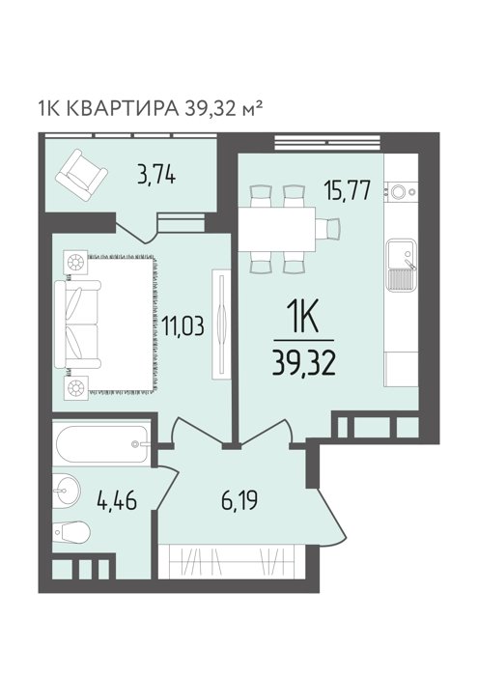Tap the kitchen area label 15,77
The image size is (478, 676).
coord(348,190)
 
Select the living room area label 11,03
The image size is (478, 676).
coord(183,325)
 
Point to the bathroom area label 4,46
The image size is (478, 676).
coord(117,500)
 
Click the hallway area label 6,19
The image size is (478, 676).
coord(239,500)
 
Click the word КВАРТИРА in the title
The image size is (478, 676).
coord(124,108)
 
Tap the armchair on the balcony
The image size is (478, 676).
coord(81,175)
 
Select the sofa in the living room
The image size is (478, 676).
coord(77,324)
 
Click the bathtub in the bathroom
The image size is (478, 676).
coord(102,444)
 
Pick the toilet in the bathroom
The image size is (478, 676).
coord(71,532)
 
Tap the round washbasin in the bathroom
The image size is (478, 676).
coord(67,491)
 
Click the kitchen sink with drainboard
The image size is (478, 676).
coord(402,266)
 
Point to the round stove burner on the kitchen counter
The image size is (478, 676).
coord(398,191)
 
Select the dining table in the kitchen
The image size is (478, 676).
coord(277,229)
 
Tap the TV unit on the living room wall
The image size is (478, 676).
coord(222,324)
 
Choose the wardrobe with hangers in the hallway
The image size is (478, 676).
coord(232,561)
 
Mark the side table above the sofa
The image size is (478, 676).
coord(75,262)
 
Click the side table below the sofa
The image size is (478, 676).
coord(76,387)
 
